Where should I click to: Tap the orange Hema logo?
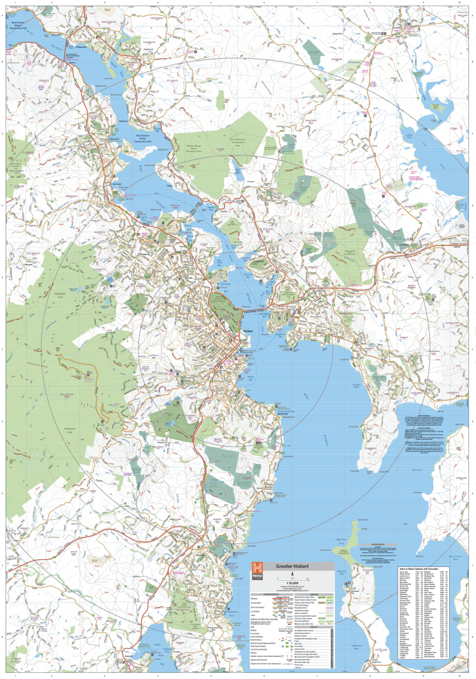coord(257,568)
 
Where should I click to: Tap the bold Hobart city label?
coord(250,331)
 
